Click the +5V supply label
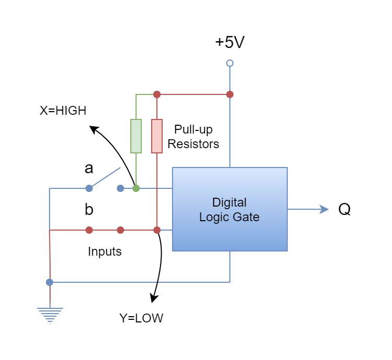pos(230,43)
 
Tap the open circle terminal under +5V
pos(230,63)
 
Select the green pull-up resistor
pos(136,136)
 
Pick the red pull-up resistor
pos(156,136)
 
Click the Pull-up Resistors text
pos(193,136)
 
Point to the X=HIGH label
pos(63,111)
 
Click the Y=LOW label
pos(141,318)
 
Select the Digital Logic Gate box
pos(229,209)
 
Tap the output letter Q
pos(345,210)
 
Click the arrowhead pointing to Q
pos(324,209)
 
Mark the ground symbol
pos(50,315)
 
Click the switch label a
pos(89,169)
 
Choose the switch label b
pos(89,210)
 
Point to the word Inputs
pos(105,251)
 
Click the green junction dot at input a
pos(136,188)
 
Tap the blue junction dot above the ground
pos(50,282)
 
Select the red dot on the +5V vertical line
pos(230,94)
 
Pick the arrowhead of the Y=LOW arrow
pos(153,299)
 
